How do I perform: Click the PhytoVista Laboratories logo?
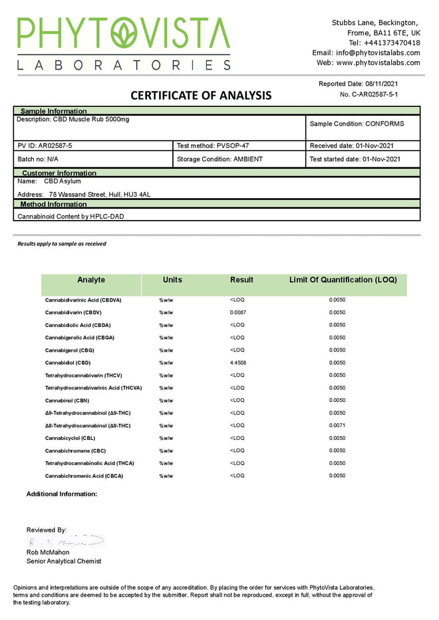click(x=124, y=43)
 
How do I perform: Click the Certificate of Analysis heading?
click(x=201, y=95)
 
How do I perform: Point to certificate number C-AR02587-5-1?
click(x=378, y=94)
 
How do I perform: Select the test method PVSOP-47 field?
click(x=213, y=145)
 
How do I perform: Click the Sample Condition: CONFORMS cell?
click(x=357, y=124)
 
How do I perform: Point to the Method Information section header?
click(x=53, y=204)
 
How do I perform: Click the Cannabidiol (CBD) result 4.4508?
click(x=239, y=363)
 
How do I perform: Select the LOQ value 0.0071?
click(x=337, y=425)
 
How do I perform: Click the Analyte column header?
click(x=91, y=280)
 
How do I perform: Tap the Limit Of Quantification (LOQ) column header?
click(x=343, y=280)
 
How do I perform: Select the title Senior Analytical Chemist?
click(x=64, y=561)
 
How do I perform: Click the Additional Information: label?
click(x=62, y=494)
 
